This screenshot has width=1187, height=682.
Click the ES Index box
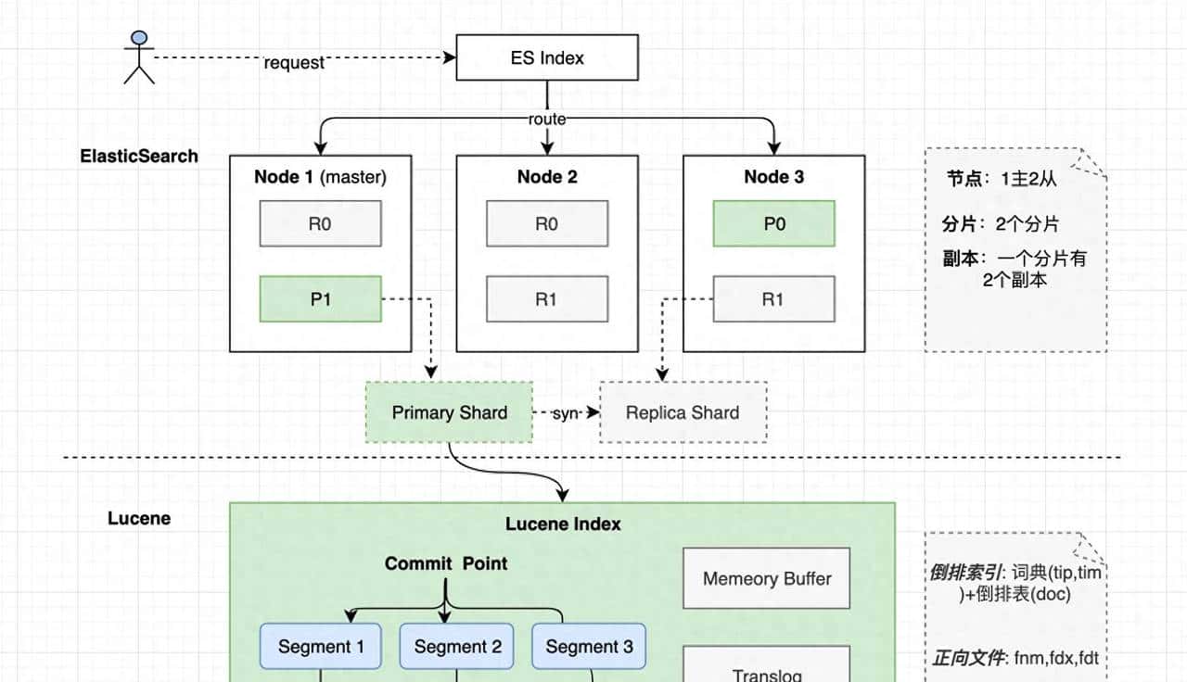click(547, 57)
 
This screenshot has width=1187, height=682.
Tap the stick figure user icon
click(139, 57)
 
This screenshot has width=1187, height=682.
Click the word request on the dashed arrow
click(294, 63)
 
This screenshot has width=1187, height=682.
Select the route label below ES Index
click(547, 120)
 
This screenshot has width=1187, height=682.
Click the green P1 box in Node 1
click(320, 299)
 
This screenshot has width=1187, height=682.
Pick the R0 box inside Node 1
click(320, 223)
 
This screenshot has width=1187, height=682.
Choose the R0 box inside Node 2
click(547, 223)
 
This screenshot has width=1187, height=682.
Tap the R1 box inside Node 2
click(547, 299)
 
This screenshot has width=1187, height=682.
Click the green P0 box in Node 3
click(773, 223)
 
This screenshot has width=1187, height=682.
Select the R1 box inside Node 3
click(773, 299)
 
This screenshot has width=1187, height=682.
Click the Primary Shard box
click(449, 412)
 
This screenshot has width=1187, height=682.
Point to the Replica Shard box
click(683, 412)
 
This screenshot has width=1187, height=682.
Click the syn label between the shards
click(566, 412)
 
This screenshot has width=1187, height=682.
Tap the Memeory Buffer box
click(767, 579)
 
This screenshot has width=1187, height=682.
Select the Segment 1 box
click(321, 647)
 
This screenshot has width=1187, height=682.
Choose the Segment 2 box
click(457, 647)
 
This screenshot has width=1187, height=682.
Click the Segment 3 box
click(589, 647)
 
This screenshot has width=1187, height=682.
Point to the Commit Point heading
click(446, 563)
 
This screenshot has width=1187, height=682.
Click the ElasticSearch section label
click(139, 156)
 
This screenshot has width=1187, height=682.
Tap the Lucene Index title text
click(563, 524)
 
